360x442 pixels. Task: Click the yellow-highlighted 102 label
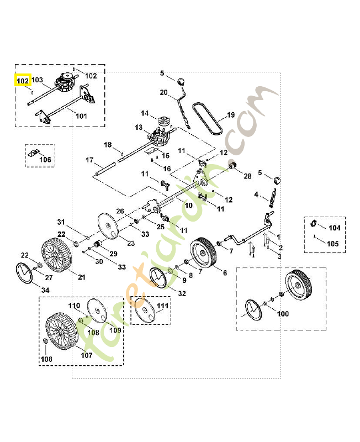coord(22,81)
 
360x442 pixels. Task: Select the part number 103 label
coord(37,80)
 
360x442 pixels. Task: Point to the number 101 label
coord(81,116)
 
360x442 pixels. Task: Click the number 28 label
coord(247,176)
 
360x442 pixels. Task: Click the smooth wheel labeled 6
coord(201,254)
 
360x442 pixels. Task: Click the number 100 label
coord(283,314)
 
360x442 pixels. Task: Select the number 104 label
coord(335,228)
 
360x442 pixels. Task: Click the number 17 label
coord(89,160)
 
